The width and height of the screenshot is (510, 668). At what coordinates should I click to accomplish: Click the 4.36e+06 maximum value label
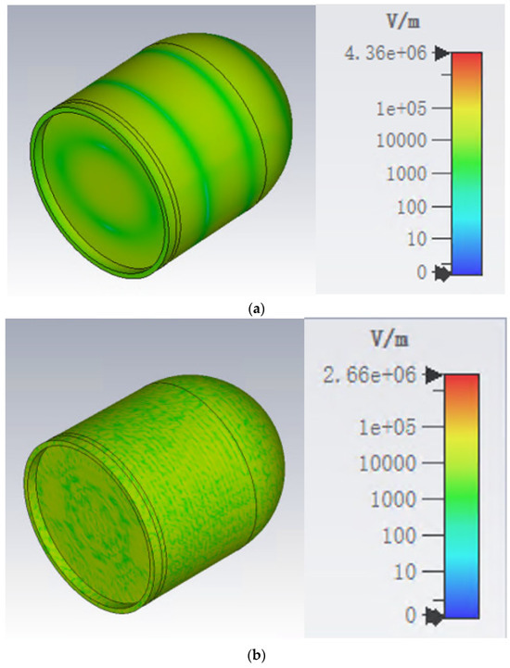point(385,54)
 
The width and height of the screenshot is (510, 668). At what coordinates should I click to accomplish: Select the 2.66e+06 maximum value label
point(369,375)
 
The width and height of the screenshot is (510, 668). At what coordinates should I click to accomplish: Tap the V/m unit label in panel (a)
point(402,21)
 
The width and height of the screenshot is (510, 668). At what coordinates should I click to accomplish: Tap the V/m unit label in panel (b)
point(389,339)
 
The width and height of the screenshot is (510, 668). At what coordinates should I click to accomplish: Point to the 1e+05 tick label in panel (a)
point(401,108)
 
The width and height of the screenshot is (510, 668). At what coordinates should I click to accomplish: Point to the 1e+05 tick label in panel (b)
point(388,427)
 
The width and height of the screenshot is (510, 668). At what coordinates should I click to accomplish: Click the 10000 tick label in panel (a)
point(402,140)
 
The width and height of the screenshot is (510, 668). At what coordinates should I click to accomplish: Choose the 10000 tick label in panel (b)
point(388,463)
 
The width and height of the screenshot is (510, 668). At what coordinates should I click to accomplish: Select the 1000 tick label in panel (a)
point(406,174)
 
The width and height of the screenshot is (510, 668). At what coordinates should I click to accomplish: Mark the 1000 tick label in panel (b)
point(393,498)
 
